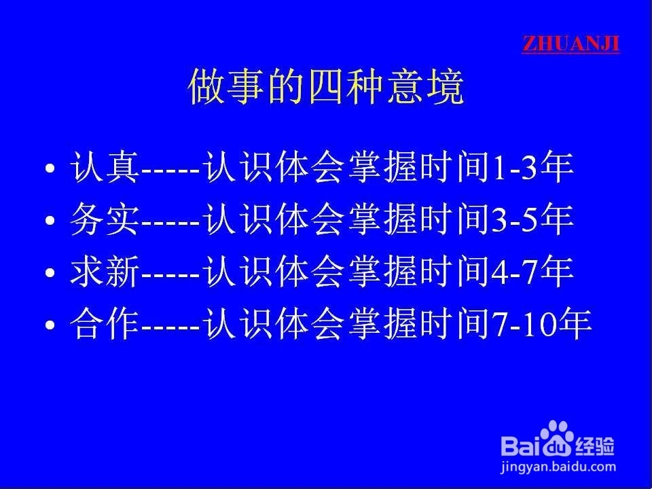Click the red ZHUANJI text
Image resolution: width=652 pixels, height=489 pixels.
click(x=570, y=44)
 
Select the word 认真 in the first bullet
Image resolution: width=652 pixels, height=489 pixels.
click(x=105, y=167)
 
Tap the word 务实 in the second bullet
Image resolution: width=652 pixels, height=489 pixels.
click(x=105, y=219)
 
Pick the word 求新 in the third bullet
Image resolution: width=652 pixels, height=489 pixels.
click(x=105, y=271)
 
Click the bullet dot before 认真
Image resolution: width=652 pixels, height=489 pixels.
click(x=50, y=168)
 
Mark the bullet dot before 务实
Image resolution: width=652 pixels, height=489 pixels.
click(x=50, y=220)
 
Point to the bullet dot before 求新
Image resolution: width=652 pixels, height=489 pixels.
click(x=50, y=272)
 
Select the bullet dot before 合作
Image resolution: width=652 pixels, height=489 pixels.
click(x=50, y=325)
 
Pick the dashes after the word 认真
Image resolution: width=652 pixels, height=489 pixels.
click(x=171, y=170)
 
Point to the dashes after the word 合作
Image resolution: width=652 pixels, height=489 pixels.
click(x=171, y=327)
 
